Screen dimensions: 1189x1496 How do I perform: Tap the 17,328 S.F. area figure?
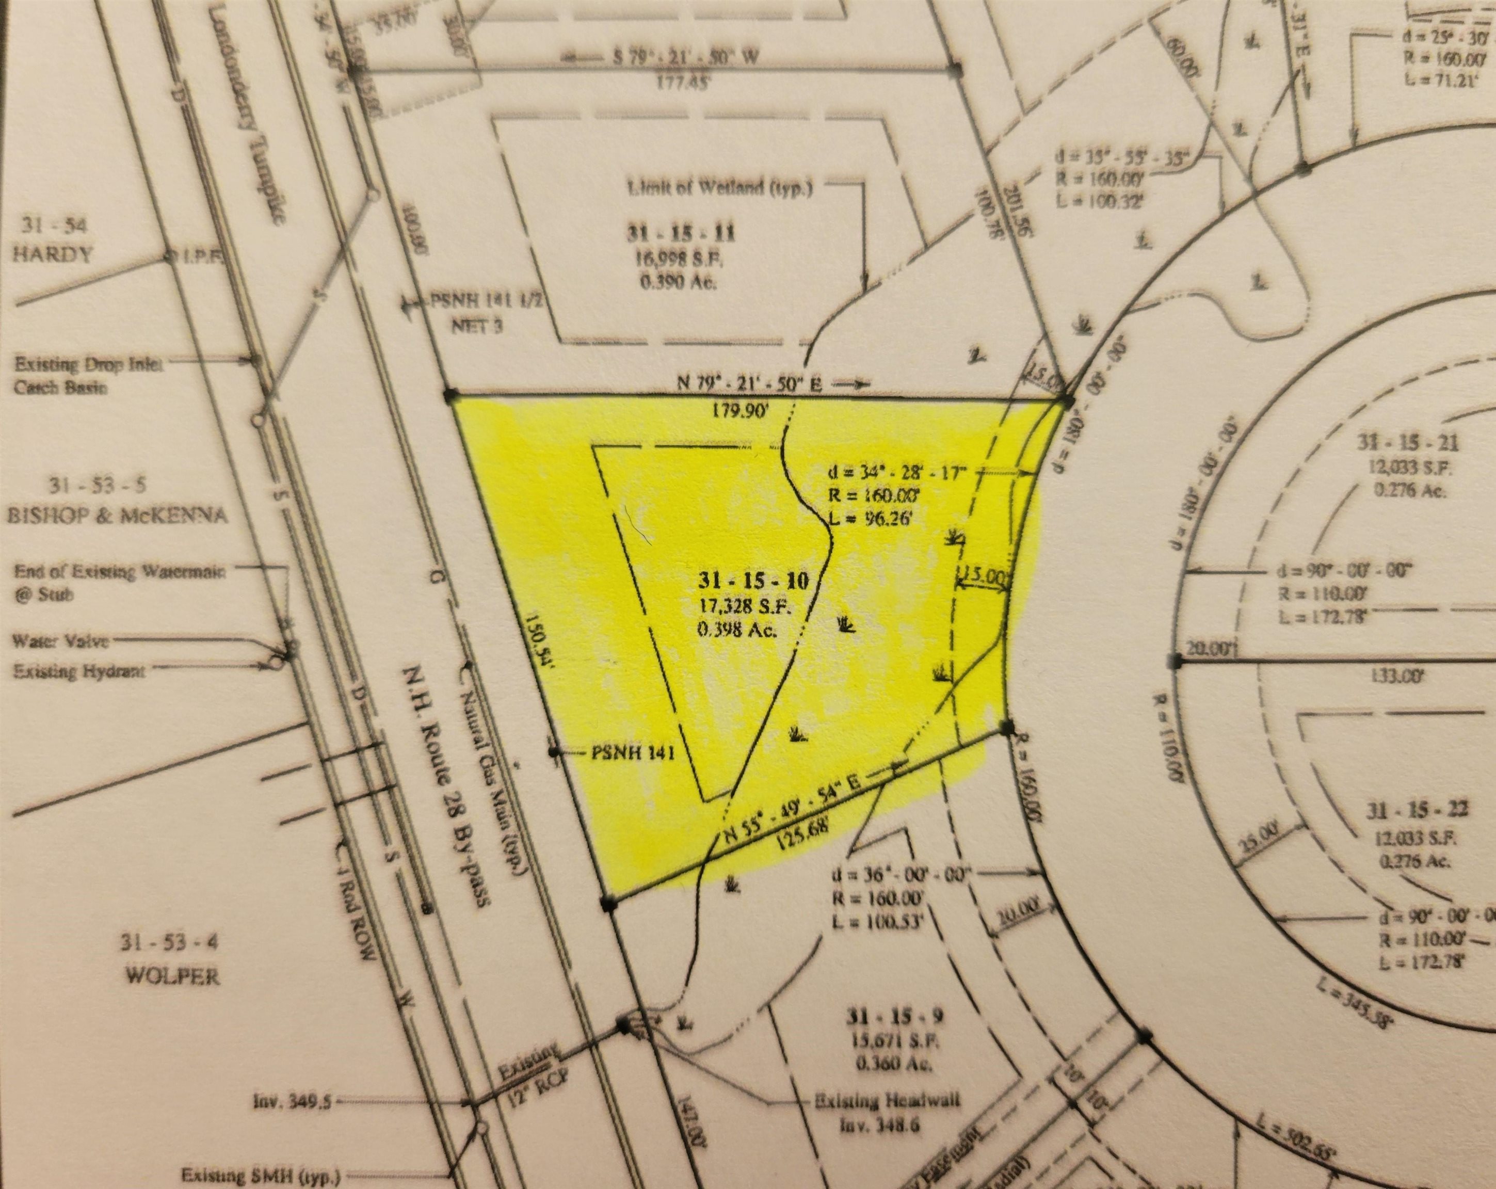pyautogui.click(x=747, y=607)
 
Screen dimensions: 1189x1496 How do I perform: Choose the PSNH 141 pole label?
pyautogui.click(x=633, y=752)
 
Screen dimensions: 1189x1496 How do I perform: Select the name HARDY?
pyautogui.click(x=52, y=253)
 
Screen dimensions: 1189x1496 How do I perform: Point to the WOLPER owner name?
pyautogui.click(x=173, y=976)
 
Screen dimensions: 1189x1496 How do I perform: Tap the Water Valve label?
pyautogui.click(x=60, y=640)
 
